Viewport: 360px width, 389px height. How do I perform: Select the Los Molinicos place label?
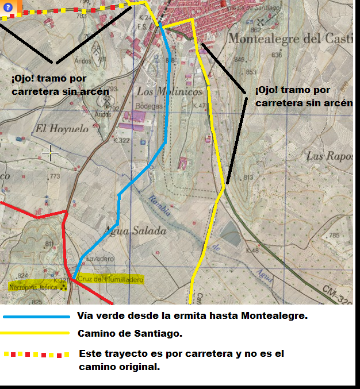[170, 91]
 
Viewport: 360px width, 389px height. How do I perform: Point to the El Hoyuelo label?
[62, 129]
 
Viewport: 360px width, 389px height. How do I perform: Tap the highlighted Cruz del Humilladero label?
[110, 279]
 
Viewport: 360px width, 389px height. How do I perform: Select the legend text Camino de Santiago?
[130, 333]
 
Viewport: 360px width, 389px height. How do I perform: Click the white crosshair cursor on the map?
[51, 153]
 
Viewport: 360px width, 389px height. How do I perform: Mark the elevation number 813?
[248, 178]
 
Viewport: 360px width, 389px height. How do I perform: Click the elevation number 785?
[333, 236]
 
